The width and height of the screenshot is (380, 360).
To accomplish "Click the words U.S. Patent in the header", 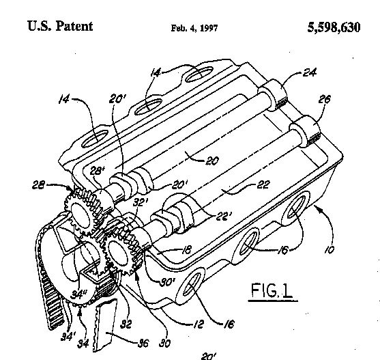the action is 60,26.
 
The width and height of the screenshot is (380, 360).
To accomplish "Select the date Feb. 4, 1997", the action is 194,28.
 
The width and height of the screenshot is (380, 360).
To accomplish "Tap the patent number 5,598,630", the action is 334,27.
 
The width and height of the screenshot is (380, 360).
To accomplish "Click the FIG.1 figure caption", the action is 272,290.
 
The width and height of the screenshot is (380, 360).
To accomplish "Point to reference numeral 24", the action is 310,72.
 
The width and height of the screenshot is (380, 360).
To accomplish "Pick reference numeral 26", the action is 324,99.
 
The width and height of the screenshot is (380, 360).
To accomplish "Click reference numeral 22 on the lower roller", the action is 263,185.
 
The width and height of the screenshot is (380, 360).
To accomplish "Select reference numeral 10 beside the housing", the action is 330,249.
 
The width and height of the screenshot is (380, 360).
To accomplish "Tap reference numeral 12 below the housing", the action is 199,324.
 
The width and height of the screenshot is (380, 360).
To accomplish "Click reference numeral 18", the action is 186,249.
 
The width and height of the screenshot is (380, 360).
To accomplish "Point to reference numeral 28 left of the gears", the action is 38,186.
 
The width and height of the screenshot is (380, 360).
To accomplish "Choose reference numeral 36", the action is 143,343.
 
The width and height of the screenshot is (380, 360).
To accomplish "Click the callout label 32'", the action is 141,202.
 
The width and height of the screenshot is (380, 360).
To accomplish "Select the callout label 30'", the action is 167,282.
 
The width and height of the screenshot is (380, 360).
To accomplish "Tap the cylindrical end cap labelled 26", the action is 305,131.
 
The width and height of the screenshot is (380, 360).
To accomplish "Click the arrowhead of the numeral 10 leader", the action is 317,208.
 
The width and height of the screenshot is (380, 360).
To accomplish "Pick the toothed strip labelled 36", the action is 104,325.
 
